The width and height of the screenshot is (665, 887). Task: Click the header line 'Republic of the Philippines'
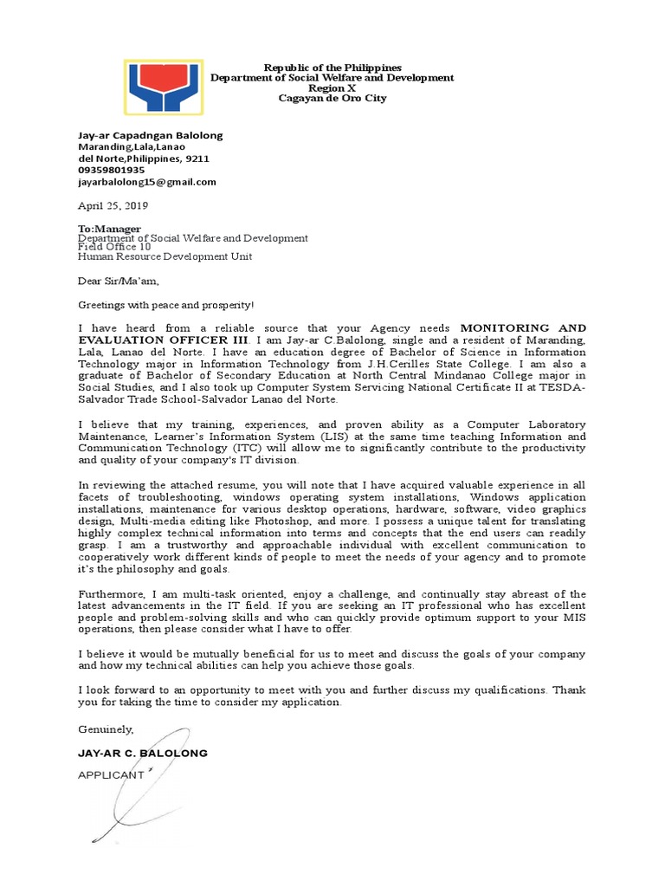click(332, 68)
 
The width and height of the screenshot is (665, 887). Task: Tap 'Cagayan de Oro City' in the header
click(332, 98)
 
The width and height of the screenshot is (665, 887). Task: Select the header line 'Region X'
click(332, 88)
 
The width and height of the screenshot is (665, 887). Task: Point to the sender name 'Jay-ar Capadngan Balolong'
click(151, 135)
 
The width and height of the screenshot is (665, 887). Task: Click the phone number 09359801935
click(112, 171)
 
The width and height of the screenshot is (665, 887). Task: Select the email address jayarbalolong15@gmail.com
click(147, 182)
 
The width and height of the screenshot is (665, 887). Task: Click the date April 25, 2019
click(113, 206)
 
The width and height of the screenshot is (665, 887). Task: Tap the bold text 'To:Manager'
click(110, 229)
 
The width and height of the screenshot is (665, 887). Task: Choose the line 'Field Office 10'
click(114, 247)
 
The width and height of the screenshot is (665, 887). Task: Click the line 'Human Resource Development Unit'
click(165, 256)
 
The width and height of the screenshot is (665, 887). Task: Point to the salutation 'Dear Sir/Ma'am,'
click(119, 281)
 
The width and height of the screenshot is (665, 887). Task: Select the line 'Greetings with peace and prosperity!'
click(167, 305)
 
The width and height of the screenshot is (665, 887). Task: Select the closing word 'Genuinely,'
click(106, 729)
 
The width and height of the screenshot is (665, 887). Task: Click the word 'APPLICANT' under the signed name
click(111, 775)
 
